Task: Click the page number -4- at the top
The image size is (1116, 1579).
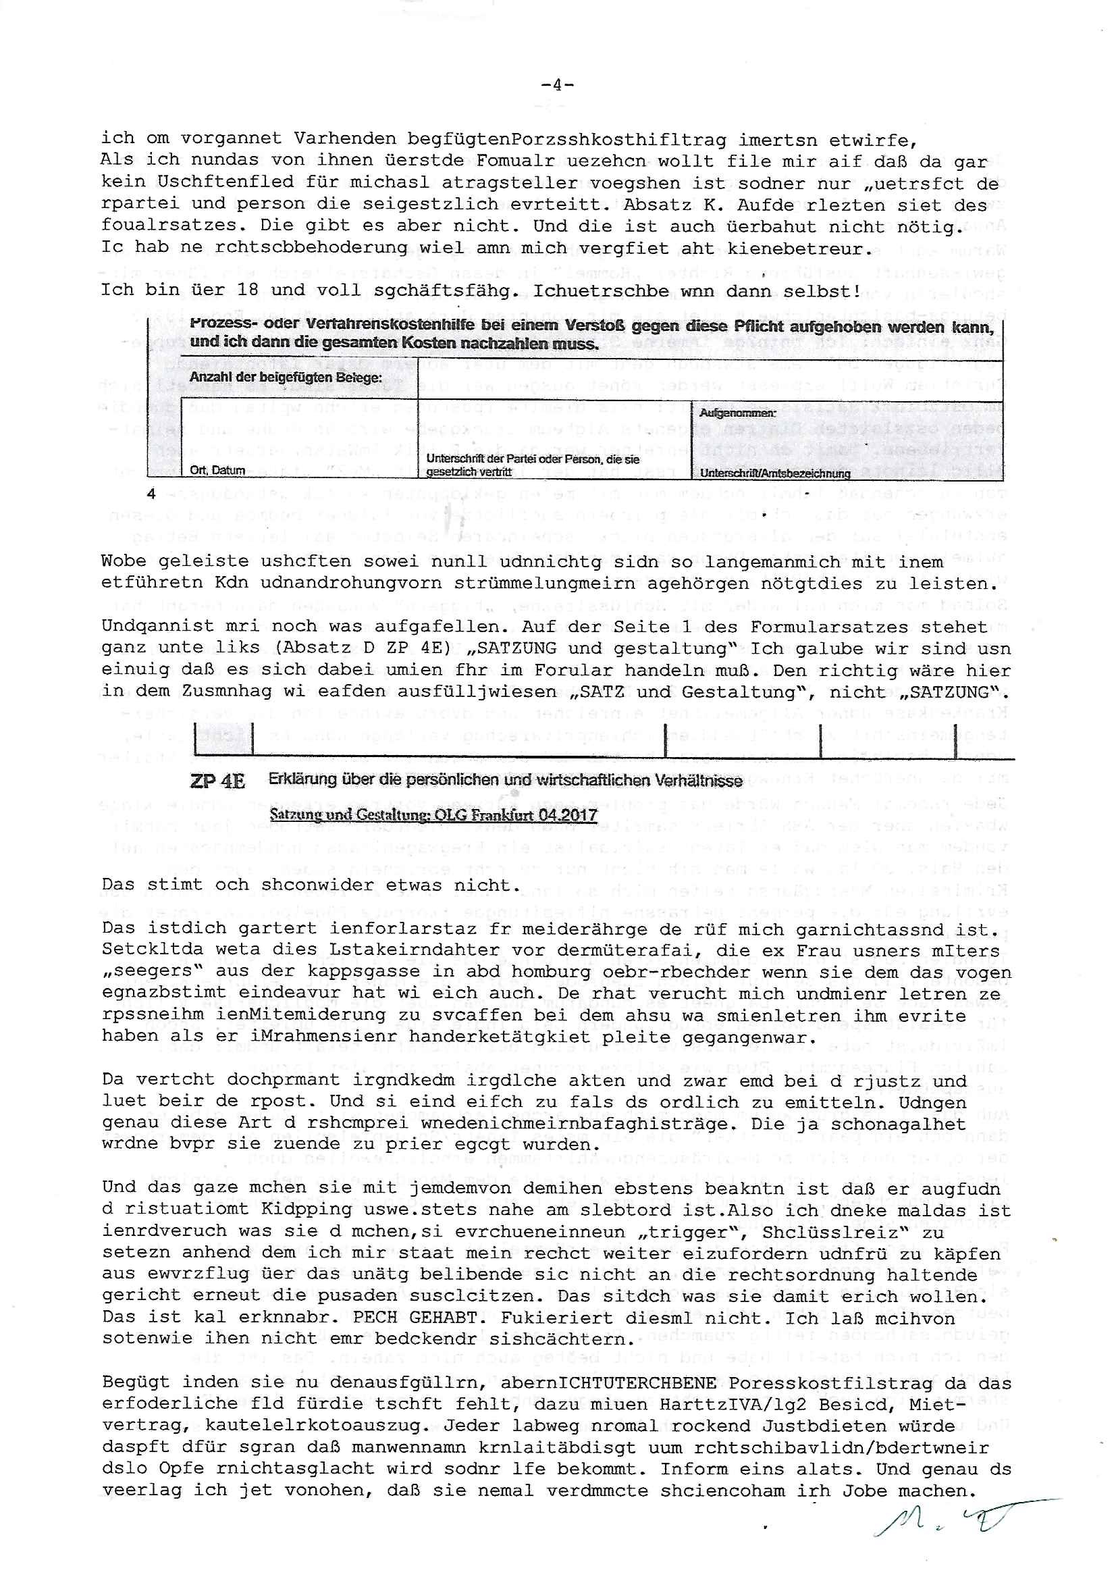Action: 557,85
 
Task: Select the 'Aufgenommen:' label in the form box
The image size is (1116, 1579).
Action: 737,413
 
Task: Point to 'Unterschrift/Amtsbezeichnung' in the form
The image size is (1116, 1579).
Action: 774,474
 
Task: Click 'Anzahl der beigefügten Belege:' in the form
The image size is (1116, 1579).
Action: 286,378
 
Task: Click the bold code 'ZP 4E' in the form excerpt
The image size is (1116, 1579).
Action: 217,782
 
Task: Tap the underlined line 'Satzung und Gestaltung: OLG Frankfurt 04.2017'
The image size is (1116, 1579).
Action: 433,815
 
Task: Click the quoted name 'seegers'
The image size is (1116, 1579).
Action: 146,973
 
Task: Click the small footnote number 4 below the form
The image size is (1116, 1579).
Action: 151,494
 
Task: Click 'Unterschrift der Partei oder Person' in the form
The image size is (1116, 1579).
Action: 532,459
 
